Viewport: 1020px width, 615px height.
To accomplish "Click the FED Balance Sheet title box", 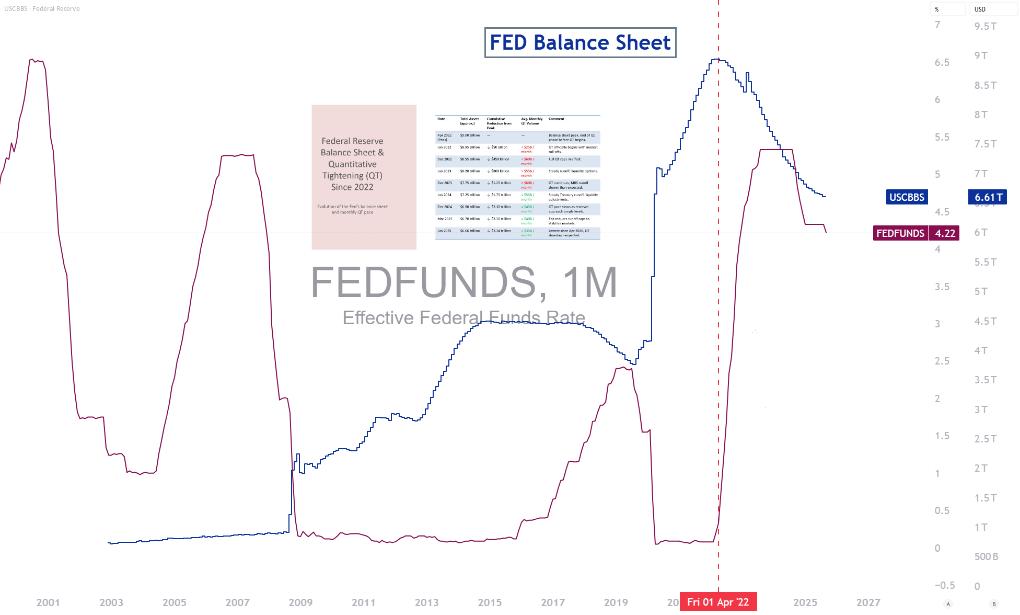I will pos(580,42).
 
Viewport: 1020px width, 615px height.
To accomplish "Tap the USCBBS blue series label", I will pos(907,197).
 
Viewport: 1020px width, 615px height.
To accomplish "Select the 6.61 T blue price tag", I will pos(988,197).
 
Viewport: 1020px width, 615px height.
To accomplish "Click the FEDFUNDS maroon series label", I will pos(900,233).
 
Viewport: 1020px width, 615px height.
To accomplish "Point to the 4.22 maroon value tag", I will pos(945,233).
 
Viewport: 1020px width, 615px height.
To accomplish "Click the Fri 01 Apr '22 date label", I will pos(718,602).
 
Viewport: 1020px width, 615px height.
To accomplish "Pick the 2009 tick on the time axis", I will pos(300,602).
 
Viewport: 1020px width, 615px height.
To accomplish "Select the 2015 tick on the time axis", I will pos(490,602).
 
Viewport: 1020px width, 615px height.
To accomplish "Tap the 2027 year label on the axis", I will pos(868,602).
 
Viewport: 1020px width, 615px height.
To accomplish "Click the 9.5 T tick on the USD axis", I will pos(986,26).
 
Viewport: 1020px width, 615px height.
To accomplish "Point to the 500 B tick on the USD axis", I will pos(986,556).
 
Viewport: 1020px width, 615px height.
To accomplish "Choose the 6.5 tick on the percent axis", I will pos(942,63).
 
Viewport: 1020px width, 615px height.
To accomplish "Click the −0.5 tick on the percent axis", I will pos(944,585).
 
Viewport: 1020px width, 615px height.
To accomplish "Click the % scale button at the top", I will pos(947,9).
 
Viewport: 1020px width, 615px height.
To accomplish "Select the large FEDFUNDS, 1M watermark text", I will pos(464,282).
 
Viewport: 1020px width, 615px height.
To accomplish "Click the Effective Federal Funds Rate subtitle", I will pos(464,317).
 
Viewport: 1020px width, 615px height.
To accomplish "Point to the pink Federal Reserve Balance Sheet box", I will pos(364,177).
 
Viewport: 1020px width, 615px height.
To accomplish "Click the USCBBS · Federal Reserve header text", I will pos(42,9).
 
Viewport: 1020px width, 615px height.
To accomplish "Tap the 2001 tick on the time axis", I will pos(48,602).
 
